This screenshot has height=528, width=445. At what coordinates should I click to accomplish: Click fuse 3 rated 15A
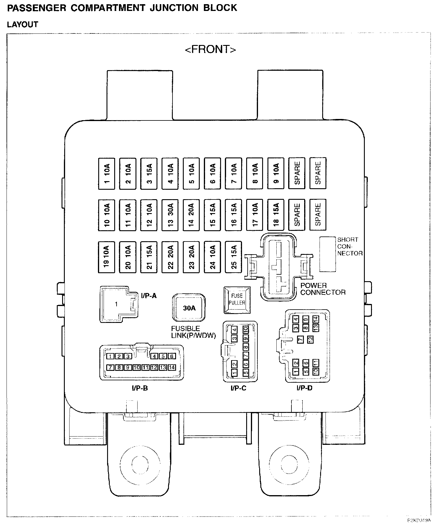click(149, 173)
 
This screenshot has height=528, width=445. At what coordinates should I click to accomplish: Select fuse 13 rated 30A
click(170, 215)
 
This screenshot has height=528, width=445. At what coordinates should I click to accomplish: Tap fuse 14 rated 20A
click(191, 215)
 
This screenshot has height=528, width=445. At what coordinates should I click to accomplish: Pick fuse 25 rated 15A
click(234, 257)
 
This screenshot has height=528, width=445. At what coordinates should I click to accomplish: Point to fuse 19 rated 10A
click(107, 257)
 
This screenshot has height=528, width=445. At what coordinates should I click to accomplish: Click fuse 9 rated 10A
click(276, 173)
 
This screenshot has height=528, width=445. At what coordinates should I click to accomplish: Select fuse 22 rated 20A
click(170, 257)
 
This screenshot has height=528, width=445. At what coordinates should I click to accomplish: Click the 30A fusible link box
click(189, 308)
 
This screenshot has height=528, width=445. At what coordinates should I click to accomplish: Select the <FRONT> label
click(210, 49)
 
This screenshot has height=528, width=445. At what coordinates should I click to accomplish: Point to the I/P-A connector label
click(149, 296)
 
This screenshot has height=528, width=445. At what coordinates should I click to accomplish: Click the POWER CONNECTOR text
click(323, 289)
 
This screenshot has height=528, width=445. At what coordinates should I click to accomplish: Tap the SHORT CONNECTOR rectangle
click(328, 254)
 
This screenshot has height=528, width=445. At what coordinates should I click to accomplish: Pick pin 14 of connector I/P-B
click(172, 368)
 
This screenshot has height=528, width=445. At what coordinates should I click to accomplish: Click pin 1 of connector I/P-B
click(110, 356)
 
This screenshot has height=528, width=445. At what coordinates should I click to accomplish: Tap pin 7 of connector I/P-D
click(300, 339)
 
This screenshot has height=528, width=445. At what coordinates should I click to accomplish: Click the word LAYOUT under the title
click(22, 25)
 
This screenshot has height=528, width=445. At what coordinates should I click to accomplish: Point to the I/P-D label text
click(304, 388)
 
